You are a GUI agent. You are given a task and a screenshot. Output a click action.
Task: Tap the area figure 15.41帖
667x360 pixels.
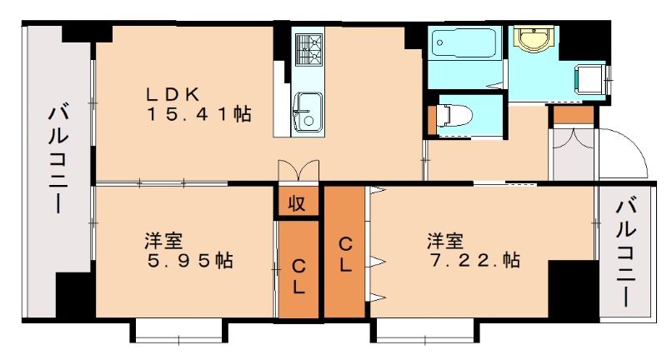(200, 114)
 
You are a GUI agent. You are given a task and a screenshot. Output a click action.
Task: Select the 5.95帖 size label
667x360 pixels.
(188, 261)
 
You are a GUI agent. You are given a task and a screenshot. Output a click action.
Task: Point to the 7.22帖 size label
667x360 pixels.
(474, 261)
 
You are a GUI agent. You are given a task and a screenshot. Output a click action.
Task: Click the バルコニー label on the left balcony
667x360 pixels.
(57, 158)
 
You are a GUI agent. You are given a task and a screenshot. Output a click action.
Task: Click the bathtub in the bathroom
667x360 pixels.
(464, 43)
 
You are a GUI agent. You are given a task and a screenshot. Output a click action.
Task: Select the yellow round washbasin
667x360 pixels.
(529, 37)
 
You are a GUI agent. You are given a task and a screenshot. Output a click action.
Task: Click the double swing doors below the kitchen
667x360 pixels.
(298, 169)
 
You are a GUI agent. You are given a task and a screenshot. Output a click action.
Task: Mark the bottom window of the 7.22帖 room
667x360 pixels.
(424, 333)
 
